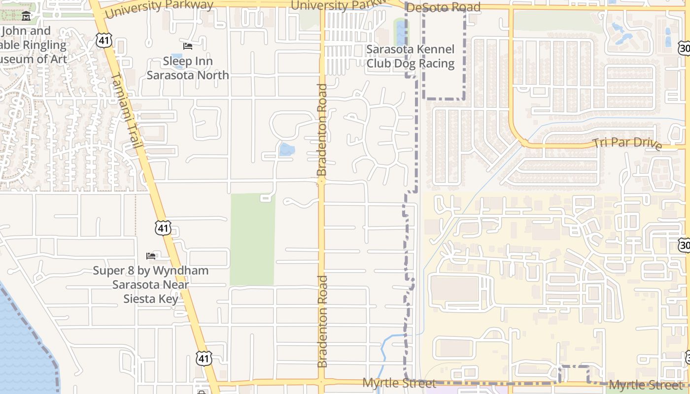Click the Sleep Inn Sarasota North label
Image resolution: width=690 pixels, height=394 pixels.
(x=188, y=68)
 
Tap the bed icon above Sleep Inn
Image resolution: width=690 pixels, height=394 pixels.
(x=188, y=46)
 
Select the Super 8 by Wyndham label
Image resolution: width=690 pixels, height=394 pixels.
(x=151, y=285)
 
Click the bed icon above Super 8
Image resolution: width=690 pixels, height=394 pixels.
(x=151, y=256)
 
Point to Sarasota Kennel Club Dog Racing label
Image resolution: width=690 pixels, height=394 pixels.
(x=410, y=57)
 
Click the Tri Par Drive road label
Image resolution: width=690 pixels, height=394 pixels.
(x=627, y=143)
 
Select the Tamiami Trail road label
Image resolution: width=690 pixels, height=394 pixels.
(x=127, y=110)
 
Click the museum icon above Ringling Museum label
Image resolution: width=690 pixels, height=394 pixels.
(x=26, y=17)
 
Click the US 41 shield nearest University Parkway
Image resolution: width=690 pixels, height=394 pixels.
(x=104, y=40)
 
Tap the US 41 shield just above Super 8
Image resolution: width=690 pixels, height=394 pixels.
(x=163, y=228)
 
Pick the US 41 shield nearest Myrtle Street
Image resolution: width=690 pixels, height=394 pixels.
(x=204, y=358)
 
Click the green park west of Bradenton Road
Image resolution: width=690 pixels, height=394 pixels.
(x=252, y=239)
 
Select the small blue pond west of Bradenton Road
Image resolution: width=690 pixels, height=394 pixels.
(x=287, y=150)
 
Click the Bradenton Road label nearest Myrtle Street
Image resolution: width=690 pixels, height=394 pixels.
(x=322, y=322)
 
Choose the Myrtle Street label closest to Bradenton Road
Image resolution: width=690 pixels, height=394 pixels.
(x=399, y=383)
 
